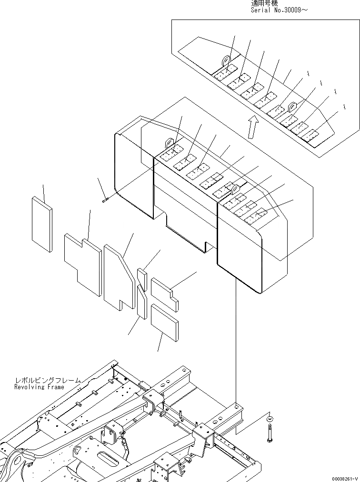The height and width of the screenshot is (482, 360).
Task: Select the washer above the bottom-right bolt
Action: coord(270,418)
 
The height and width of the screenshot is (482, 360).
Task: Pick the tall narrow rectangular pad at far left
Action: coord(42,224)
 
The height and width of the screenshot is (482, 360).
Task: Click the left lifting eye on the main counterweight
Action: coord(169,143)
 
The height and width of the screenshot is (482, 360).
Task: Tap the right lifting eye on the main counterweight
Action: coord(235,190)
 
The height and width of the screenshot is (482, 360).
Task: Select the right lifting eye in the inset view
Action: coord(291,106)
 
